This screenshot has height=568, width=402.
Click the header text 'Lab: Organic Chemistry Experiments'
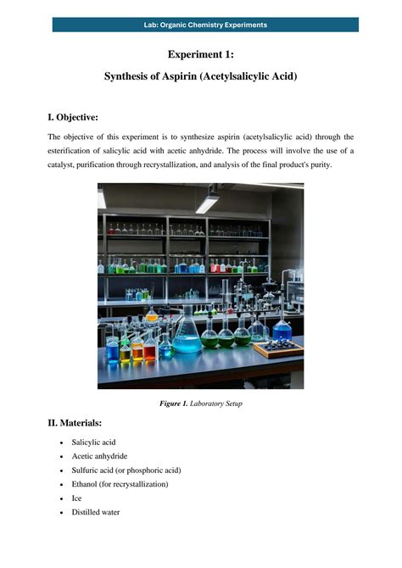[x=205, y=25]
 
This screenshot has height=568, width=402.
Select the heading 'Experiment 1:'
[x=201, y=55]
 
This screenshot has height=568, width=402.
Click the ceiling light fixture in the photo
[x=206, y=202]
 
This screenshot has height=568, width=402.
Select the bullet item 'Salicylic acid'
[x=93, y=443]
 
